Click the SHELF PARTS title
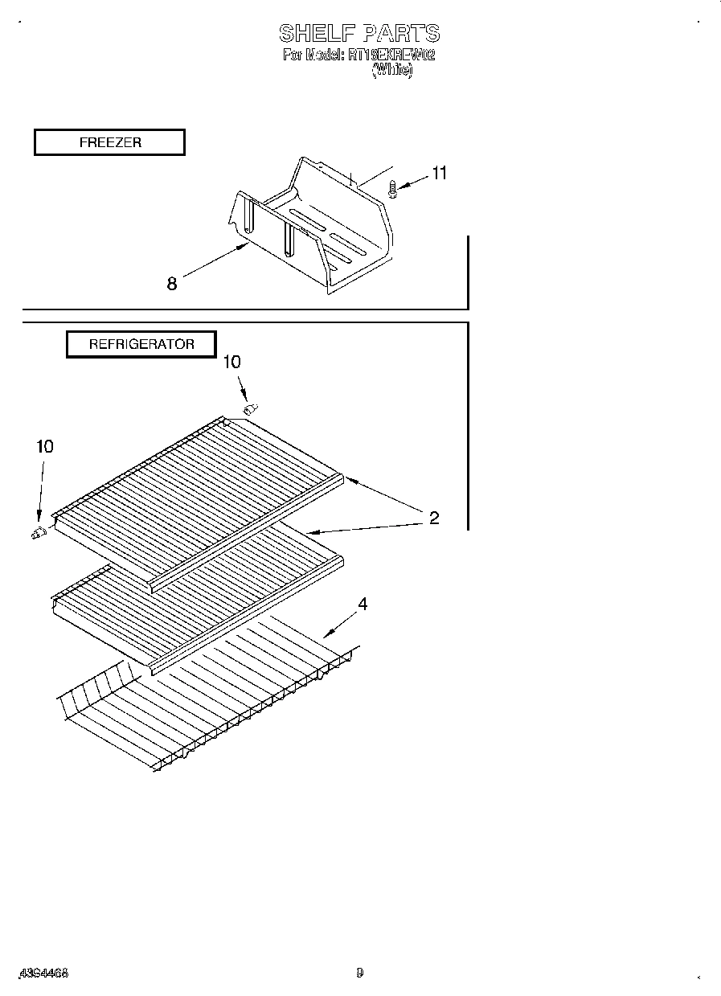359,34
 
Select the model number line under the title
359,55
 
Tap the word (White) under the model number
391,70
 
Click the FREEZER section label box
109,142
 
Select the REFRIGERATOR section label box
141,344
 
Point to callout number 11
439,173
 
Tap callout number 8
172,283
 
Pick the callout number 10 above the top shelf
231,363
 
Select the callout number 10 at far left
45,446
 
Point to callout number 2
434,518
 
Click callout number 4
363,605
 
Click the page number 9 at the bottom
360,973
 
